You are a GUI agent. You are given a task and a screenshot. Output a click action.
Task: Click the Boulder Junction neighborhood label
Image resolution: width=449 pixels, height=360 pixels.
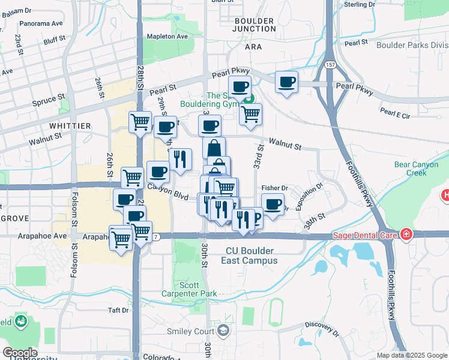click(x=253, y=25)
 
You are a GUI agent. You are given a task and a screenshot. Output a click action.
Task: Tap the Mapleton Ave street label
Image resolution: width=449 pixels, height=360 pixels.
click(x=169, y=37)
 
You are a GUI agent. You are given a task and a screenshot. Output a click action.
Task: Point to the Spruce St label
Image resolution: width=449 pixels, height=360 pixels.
click(x=49, y=98)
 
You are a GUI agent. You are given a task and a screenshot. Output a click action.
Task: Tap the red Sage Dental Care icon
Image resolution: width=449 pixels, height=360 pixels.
click(x=406, y=233)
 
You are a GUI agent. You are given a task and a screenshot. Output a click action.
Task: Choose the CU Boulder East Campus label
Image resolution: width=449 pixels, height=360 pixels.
click(x=252, y=256)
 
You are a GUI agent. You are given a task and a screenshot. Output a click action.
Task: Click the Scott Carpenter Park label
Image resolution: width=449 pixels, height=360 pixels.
click(x=189, y=289)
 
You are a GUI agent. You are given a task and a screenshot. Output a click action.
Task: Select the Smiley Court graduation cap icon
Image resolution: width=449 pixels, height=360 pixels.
click(x=224, y=331)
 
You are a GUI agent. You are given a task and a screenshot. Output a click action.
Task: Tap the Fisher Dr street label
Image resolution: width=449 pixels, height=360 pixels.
click(x=274, y=188)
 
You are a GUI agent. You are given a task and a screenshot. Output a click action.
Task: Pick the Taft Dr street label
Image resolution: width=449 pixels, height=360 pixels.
click(x=118, y=310)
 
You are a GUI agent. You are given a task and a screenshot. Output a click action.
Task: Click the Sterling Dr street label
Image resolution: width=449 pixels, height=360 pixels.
click(x=359, y=5)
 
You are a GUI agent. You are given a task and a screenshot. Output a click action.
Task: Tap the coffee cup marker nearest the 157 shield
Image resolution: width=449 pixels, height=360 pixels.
click(x=287, y=82)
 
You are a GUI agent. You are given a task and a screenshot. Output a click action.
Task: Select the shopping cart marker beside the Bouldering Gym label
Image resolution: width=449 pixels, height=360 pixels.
click(x=250, y=113)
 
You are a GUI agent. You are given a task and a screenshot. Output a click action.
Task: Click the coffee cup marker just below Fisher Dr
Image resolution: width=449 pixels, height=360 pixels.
click(x=273, y=205)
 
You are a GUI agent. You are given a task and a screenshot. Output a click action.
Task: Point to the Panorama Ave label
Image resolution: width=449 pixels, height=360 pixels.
click(x=41, y=23)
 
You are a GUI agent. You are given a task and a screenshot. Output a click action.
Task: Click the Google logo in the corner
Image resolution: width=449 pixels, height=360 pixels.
click(x=19, y=353)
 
